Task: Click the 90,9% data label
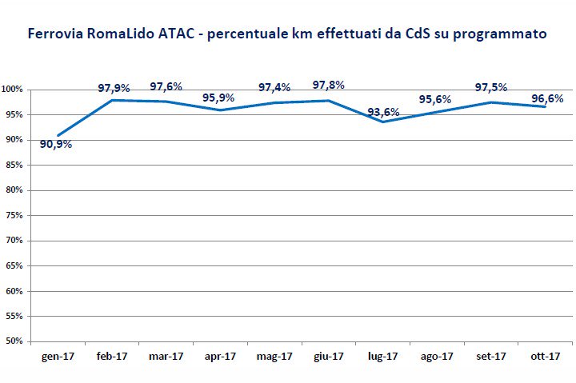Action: (56, 144)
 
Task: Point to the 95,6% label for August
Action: (435, 99)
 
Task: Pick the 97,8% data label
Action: (329, 85)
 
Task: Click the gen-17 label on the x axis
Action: (58, 357)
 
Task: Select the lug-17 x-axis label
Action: (382, 357)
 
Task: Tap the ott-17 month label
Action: (544, 357)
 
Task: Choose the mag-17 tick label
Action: (274, 357)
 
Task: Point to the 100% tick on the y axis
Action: (13, 90)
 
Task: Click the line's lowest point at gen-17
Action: (58, 135)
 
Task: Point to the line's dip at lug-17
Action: (382, 122)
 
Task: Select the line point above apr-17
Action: (220, 110)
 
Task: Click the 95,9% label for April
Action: (218, 98)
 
